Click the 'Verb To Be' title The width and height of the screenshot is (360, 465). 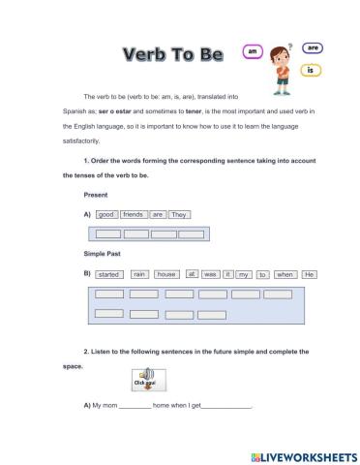(173, 53)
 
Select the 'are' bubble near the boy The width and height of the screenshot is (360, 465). (312, 46)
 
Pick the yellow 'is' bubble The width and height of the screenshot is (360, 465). (311, 70)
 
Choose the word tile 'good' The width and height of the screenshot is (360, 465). (106, 214)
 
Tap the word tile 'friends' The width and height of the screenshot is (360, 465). (134, 214)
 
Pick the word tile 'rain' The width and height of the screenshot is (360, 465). (139, 274)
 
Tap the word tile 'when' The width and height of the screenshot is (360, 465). (285, 274)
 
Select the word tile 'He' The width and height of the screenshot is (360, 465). (310, 274)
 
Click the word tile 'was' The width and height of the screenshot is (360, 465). (210, 274)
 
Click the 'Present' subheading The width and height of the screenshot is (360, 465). (96, 194)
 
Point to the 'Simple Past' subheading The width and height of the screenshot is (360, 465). (104, 254)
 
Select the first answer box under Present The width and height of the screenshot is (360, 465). (108, 233)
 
